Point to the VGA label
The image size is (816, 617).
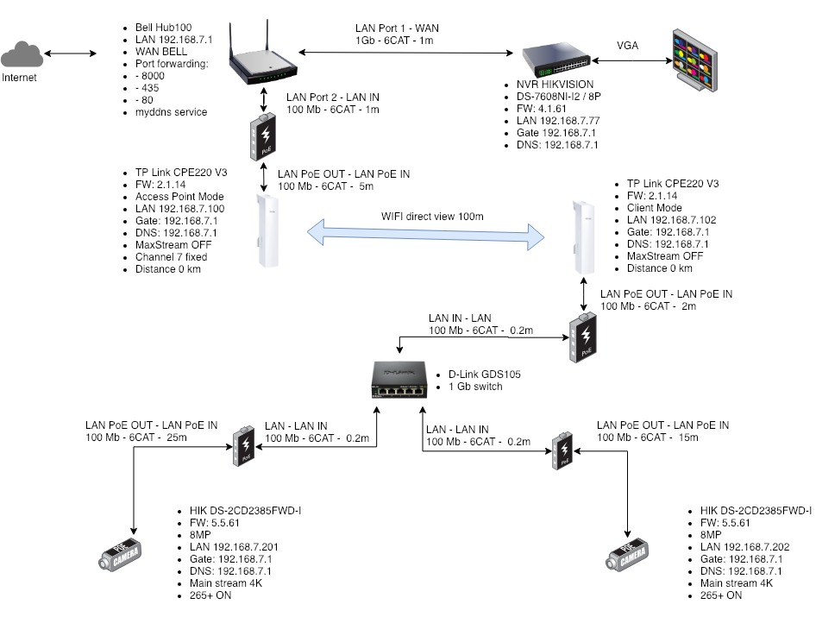(x=629, y=46)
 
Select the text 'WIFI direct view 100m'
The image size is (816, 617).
(x=434, y=215)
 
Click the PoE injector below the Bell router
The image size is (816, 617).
(x=260, y=137)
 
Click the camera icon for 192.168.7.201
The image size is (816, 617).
(x=121, y=556)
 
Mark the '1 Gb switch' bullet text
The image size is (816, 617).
(x=476, y=387)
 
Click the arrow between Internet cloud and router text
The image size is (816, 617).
(x=72, y=54)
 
